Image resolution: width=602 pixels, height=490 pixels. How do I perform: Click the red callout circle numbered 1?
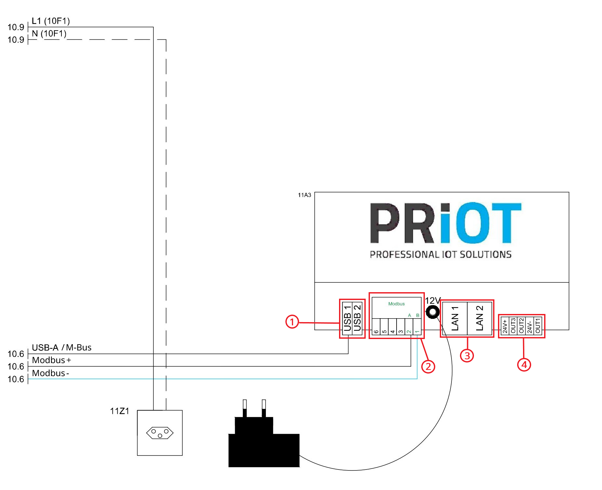[292, 322]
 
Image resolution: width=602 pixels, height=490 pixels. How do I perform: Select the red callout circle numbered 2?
[428, 366]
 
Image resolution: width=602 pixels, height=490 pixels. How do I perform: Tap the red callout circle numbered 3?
[467, 355]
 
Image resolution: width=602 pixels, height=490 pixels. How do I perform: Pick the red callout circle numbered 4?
[524, 364]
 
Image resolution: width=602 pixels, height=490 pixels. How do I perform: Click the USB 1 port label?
[347, 318]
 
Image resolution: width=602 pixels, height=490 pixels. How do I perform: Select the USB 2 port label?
[357, 318]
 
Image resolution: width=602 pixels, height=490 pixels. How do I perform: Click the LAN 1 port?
[454, 318]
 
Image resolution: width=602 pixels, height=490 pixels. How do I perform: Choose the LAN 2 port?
[479, 318]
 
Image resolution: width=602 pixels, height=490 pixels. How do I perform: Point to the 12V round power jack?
[433, 312]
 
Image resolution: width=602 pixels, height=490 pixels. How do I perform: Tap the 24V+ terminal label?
[505, 326]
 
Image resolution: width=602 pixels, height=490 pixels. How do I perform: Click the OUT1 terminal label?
[538, 326]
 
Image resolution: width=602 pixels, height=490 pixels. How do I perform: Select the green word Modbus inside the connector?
[397, 304]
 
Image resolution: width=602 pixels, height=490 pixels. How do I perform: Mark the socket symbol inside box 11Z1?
[160, 433]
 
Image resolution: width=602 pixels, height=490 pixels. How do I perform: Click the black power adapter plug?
[264, 433]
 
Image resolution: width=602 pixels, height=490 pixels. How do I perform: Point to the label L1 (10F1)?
[51, 21]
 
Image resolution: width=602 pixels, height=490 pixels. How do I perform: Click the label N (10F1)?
[49, 34]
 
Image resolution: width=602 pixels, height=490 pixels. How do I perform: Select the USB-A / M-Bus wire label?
[62, 347]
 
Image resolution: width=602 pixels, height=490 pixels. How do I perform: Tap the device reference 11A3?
[305, 195]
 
